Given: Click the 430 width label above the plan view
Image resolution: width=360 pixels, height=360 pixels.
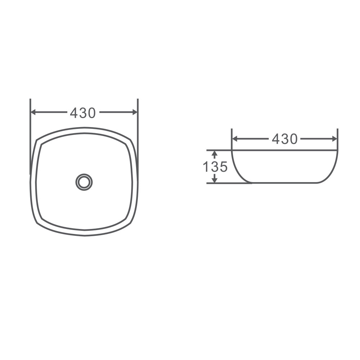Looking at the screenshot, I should pos(83,113).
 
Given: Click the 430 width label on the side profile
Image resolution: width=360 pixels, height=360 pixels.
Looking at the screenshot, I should pos(284,139).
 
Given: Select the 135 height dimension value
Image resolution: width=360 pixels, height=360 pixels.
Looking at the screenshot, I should pos(215,167).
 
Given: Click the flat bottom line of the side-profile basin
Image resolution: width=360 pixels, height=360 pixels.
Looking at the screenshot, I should pos(284,183).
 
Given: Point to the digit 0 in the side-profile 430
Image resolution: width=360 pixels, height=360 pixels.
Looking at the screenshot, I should pos(293,139).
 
